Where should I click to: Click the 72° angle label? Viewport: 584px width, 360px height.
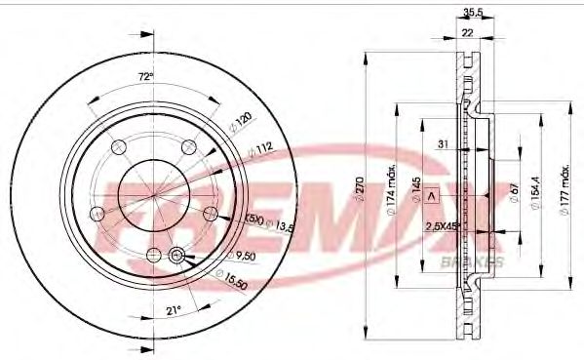point(144,76)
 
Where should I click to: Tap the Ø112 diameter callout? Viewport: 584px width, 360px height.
point(260,149)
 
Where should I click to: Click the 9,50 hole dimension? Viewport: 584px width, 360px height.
point(243,257)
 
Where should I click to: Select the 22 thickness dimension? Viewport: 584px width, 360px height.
point(467,32)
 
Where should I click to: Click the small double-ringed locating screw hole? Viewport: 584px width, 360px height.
point(176,256)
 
